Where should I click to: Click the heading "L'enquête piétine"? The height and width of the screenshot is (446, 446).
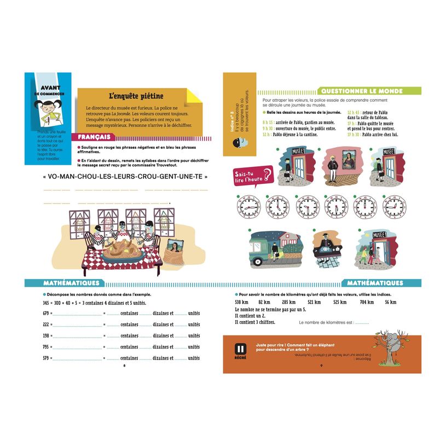pyautogui.click(x=129, y=96)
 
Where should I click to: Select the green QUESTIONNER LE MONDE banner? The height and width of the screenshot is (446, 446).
pyautogui.click(x=370, y=91)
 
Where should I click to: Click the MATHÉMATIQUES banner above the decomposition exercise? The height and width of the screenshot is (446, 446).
pyautogui.click(x=71, y=283)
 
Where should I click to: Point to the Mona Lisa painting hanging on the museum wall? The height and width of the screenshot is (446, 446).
pyautogui.click(x=344, y=159)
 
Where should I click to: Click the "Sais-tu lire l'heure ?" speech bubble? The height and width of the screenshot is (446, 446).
pyautogui.click(x=252, y=175)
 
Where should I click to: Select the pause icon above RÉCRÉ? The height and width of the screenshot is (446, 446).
pyautogui.click(x=239, y=349)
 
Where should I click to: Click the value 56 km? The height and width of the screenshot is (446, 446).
pyautogui.click(x=390, y=302)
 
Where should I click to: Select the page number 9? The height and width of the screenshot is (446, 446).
pyautogui.click(x=322, y=366)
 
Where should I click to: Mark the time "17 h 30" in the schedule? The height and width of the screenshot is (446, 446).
pyautogui.click(x=354, y=134)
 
